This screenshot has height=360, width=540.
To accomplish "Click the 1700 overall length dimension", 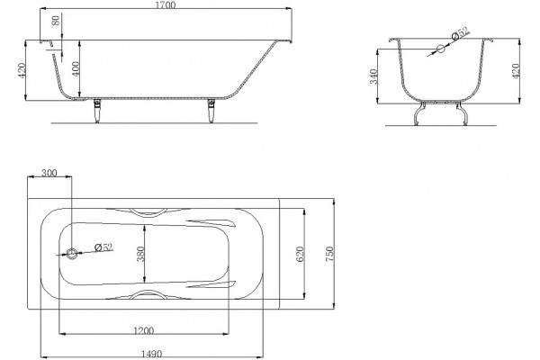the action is coord(166,4).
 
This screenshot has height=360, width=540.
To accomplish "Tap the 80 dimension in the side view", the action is coord(56,20).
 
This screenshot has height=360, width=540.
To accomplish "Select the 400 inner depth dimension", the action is coord(76,68).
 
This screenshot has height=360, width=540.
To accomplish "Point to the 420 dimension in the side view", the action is coord(22,70).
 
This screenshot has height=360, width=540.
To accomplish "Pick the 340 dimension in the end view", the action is coord(373,76).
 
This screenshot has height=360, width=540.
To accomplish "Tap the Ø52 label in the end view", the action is coord(461,33).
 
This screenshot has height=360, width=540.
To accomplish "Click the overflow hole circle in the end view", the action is coord(441,49).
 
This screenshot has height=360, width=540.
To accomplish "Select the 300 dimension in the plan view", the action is coord(49,173).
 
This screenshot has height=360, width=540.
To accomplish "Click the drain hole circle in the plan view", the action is coord(72,254).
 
